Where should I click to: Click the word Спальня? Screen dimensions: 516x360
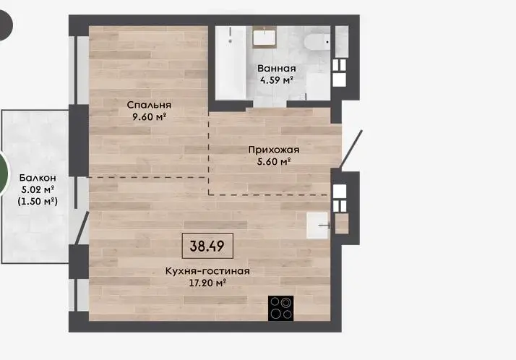[149, 105]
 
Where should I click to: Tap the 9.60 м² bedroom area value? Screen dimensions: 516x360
[149, 116]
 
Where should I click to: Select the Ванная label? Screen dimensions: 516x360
[276, 69]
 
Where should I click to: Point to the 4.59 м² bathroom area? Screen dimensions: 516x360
[276, 80]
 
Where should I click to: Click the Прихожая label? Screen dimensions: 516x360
[274, 150]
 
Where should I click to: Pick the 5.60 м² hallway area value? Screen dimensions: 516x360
[274, 162]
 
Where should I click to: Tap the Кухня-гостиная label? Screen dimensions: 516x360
[207, 271]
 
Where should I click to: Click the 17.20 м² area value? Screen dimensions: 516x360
[207, 283]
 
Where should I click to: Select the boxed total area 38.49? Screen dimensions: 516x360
[207, 246]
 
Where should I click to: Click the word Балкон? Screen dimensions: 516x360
[38, 178]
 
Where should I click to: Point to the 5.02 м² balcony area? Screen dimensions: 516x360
[38, 189]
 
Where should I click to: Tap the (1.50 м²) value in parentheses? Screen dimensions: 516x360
[38, 201]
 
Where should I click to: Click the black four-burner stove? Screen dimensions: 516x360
[280, 309]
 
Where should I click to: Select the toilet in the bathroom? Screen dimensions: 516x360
[317, 42]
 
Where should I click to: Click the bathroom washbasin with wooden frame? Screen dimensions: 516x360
[265, 37]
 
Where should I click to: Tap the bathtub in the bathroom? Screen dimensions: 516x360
[231, 62]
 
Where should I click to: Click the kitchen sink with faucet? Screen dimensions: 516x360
[318, 226]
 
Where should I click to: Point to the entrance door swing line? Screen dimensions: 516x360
[351, 149]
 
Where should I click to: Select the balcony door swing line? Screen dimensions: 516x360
[82, 228]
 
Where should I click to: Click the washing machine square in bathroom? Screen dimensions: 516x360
[318, 86]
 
